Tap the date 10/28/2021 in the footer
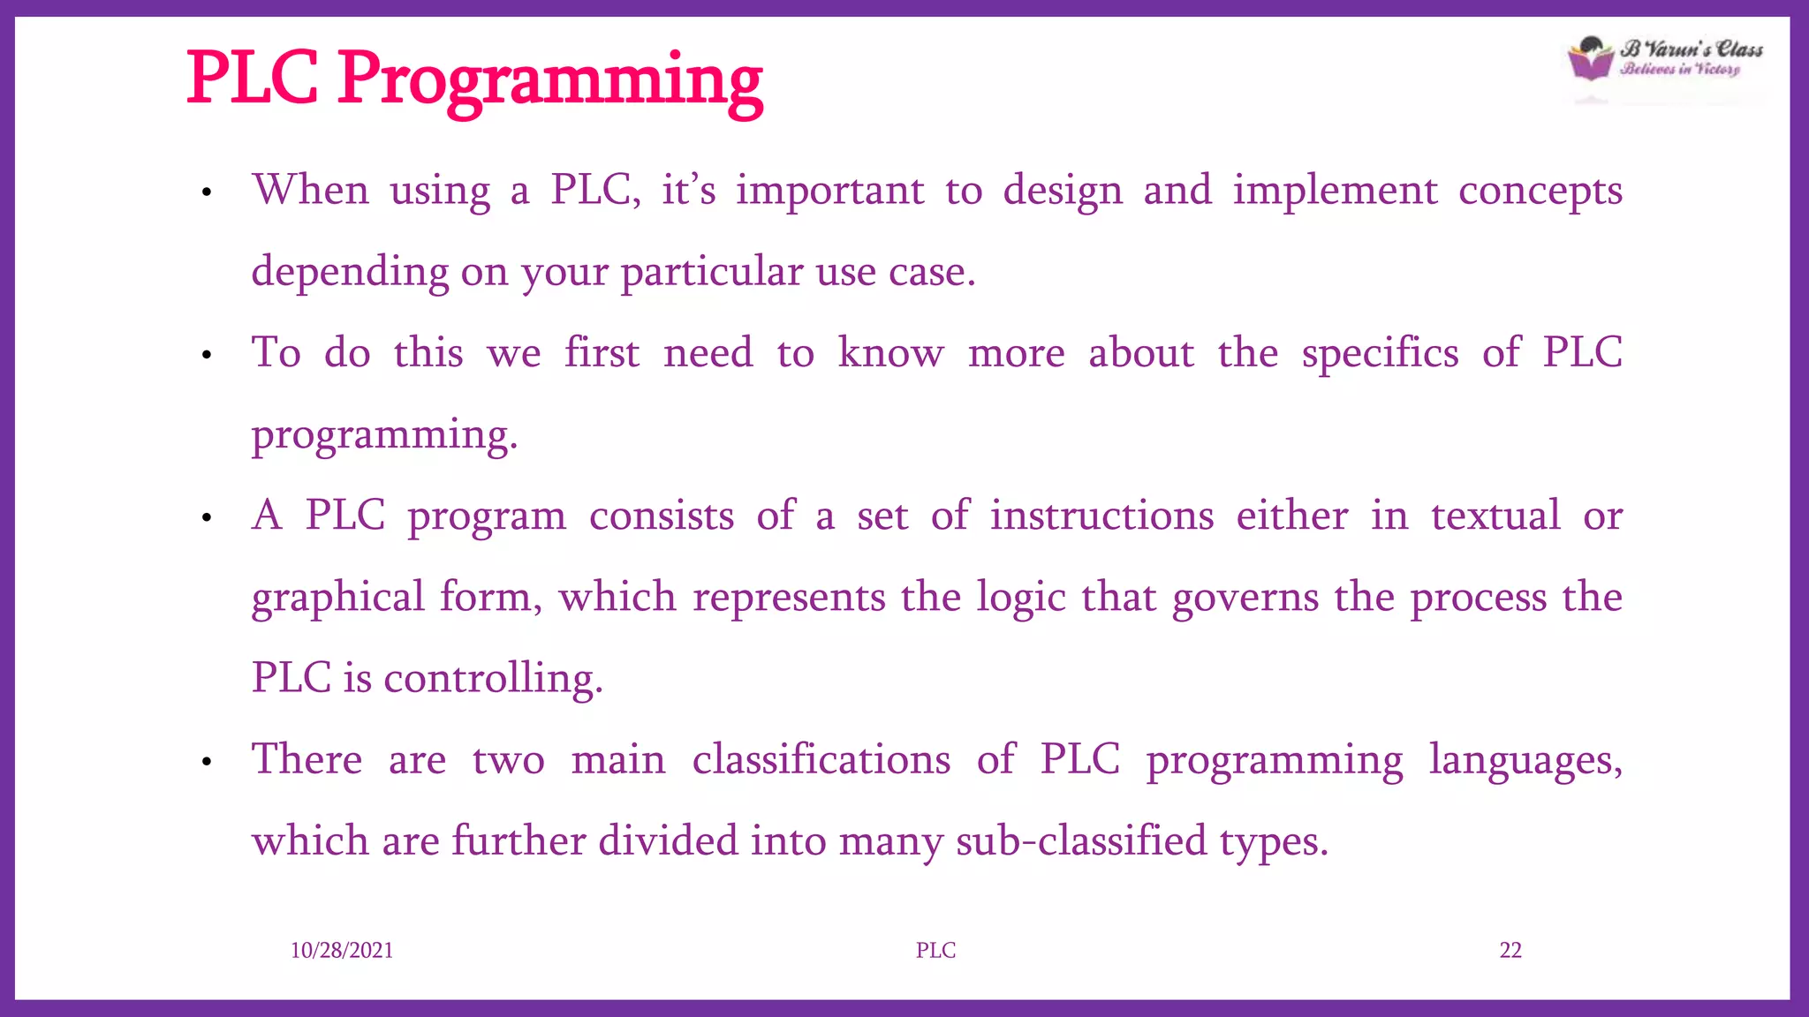tap(342, 951)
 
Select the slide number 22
tap(1510, 951)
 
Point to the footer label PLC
tap(935, 951)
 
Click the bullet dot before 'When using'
tap(207, 192)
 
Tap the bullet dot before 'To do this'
tap(207, 356)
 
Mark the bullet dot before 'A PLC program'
tap(207, 518)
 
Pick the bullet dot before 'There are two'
tap(207, 761)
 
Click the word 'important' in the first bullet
tap(829, 192)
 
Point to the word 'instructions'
tap(1101, 516)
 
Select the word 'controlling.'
tap(493, 680)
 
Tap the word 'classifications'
tap(821, 760)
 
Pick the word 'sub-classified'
tap(1081, 841)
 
